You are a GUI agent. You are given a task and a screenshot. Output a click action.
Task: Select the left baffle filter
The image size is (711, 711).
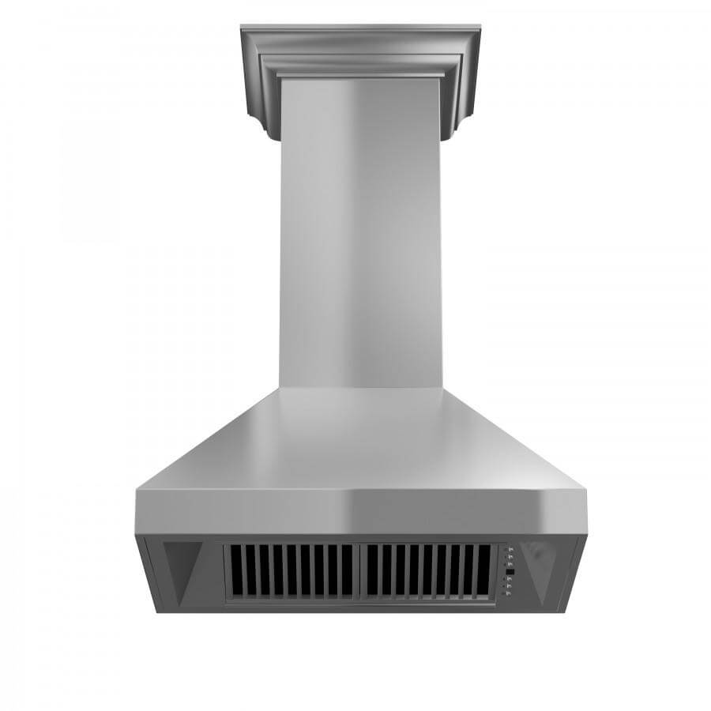(x=291, y=570)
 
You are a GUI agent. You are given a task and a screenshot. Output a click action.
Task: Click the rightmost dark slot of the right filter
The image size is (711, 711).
(x=481, y=570)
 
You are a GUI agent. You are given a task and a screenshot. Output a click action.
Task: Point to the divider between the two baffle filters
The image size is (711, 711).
(x=359, y=570)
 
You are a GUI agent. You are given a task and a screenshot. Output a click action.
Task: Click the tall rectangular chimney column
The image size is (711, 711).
(x=360, y=237)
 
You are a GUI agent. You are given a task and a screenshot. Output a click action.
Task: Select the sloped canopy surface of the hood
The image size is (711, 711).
(x=360, y=442)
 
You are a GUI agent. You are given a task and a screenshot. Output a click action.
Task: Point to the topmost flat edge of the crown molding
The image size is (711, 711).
(x=360, y=28)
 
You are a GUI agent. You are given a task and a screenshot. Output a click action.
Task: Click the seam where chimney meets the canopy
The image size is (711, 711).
(x=360, y=388)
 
